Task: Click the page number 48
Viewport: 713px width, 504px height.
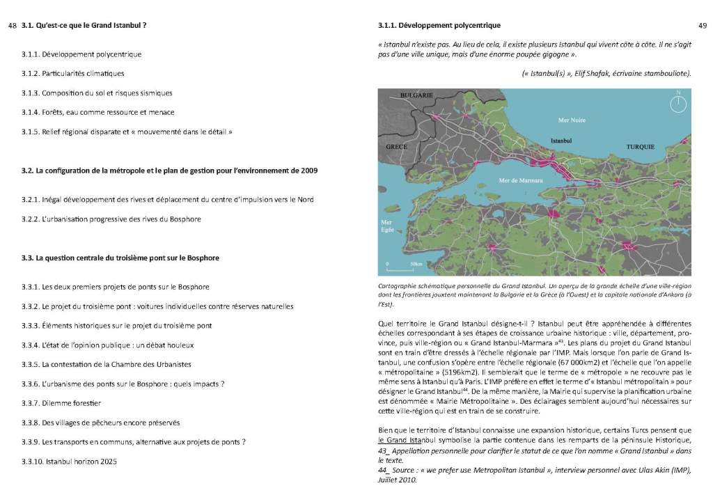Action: [x=12, y=26]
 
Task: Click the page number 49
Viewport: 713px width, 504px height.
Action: [x=702, y=26]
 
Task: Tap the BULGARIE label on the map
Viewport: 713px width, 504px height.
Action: [x=416, y=95]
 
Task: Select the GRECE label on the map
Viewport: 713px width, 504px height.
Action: [x=396, y=147]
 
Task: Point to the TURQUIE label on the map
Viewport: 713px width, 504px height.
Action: [x=640, y=147]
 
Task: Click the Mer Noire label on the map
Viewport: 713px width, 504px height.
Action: [x=572, y=120]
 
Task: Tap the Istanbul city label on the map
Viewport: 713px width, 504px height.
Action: [x=561, y=140]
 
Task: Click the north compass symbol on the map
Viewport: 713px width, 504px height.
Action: [x=678, y=103]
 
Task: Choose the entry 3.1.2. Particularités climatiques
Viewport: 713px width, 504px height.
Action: [x=73, y=73]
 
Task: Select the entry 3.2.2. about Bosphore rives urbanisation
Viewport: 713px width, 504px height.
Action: [x=111, y=219]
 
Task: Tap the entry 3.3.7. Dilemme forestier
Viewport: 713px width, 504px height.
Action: [x=61, y=403]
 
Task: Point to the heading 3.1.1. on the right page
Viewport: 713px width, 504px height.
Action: [x=439, y=26]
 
